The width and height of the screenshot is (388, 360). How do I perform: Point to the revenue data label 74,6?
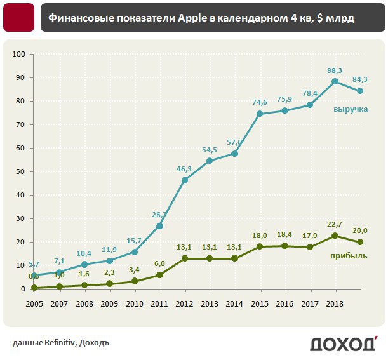(x=260, y=102)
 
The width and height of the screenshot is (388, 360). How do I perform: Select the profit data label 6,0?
(x=159, y=263)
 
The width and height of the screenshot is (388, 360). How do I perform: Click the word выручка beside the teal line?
(x=351, y=109)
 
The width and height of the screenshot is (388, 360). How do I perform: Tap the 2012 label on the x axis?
(x=185, y=303)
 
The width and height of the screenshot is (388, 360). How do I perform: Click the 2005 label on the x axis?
(x=34, y=303)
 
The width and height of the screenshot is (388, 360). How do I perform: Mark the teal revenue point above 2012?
(x=185, y=180)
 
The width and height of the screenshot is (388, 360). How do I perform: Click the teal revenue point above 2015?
(x=260, y=114)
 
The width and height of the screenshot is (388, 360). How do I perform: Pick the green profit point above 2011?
(x=159, y=275)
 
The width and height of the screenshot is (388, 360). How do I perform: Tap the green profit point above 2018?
(x=335, y=236)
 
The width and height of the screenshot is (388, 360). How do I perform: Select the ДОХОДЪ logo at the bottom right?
(x=343, y=343)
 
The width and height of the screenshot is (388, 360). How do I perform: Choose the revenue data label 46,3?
(x=184, y=169)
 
